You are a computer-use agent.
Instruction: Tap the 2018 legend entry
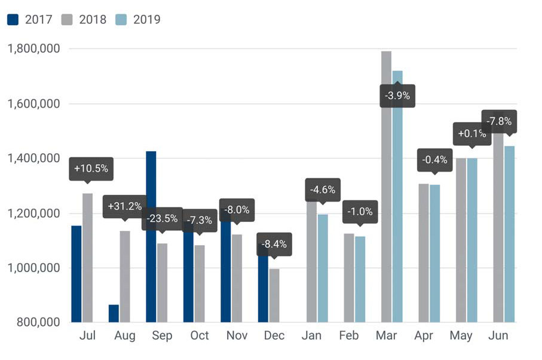(84, 19)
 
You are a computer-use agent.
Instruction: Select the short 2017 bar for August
(114, 313)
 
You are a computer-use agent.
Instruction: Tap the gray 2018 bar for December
(274, 295)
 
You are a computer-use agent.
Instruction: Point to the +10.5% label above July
(91, 169)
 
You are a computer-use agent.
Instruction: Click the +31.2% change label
(125, 207)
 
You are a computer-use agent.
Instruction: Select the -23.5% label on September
(162, 218)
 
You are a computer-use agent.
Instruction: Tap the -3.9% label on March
(397, 96)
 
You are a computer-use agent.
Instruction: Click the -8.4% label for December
(274, 244)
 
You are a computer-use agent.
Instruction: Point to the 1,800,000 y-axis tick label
(34, 48)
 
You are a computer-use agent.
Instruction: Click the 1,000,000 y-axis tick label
(34, 268)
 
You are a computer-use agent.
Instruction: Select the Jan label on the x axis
(311, 335)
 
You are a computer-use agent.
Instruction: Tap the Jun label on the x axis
(498, 335)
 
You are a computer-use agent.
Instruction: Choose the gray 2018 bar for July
(88, 258)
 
